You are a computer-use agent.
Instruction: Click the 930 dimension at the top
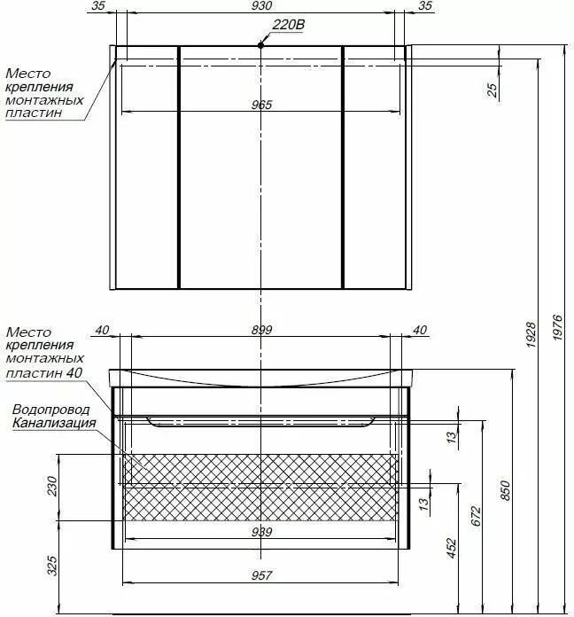point(261,6)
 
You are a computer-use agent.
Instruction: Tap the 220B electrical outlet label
point(288,25)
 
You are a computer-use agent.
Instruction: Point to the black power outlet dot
point(260,45)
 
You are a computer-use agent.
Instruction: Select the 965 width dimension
point(261,105)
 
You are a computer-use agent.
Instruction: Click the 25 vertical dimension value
point(493,90)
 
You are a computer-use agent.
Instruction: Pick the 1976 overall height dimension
point(557,327)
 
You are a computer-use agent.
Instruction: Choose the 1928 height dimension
point(531,334)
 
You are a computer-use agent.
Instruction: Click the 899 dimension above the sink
point(261,330)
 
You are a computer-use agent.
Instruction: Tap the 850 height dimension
point(505,490)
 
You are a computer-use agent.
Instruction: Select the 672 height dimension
point(476,516)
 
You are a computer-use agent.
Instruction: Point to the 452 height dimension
point(452,548)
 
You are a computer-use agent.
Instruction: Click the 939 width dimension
point(261,532)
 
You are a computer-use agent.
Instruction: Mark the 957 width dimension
point(261,576)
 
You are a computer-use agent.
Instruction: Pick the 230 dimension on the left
point(52,486)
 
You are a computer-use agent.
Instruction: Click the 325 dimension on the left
point(52,566)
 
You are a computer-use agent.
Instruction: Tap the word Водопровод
point(51,410)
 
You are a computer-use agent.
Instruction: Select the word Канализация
point(54,423)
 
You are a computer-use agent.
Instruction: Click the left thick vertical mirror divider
point(179,168)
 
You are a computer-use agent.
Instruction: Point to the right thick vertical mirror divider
point(343,168)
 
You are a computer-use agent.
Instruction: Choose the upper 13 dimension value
point(452,436)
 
